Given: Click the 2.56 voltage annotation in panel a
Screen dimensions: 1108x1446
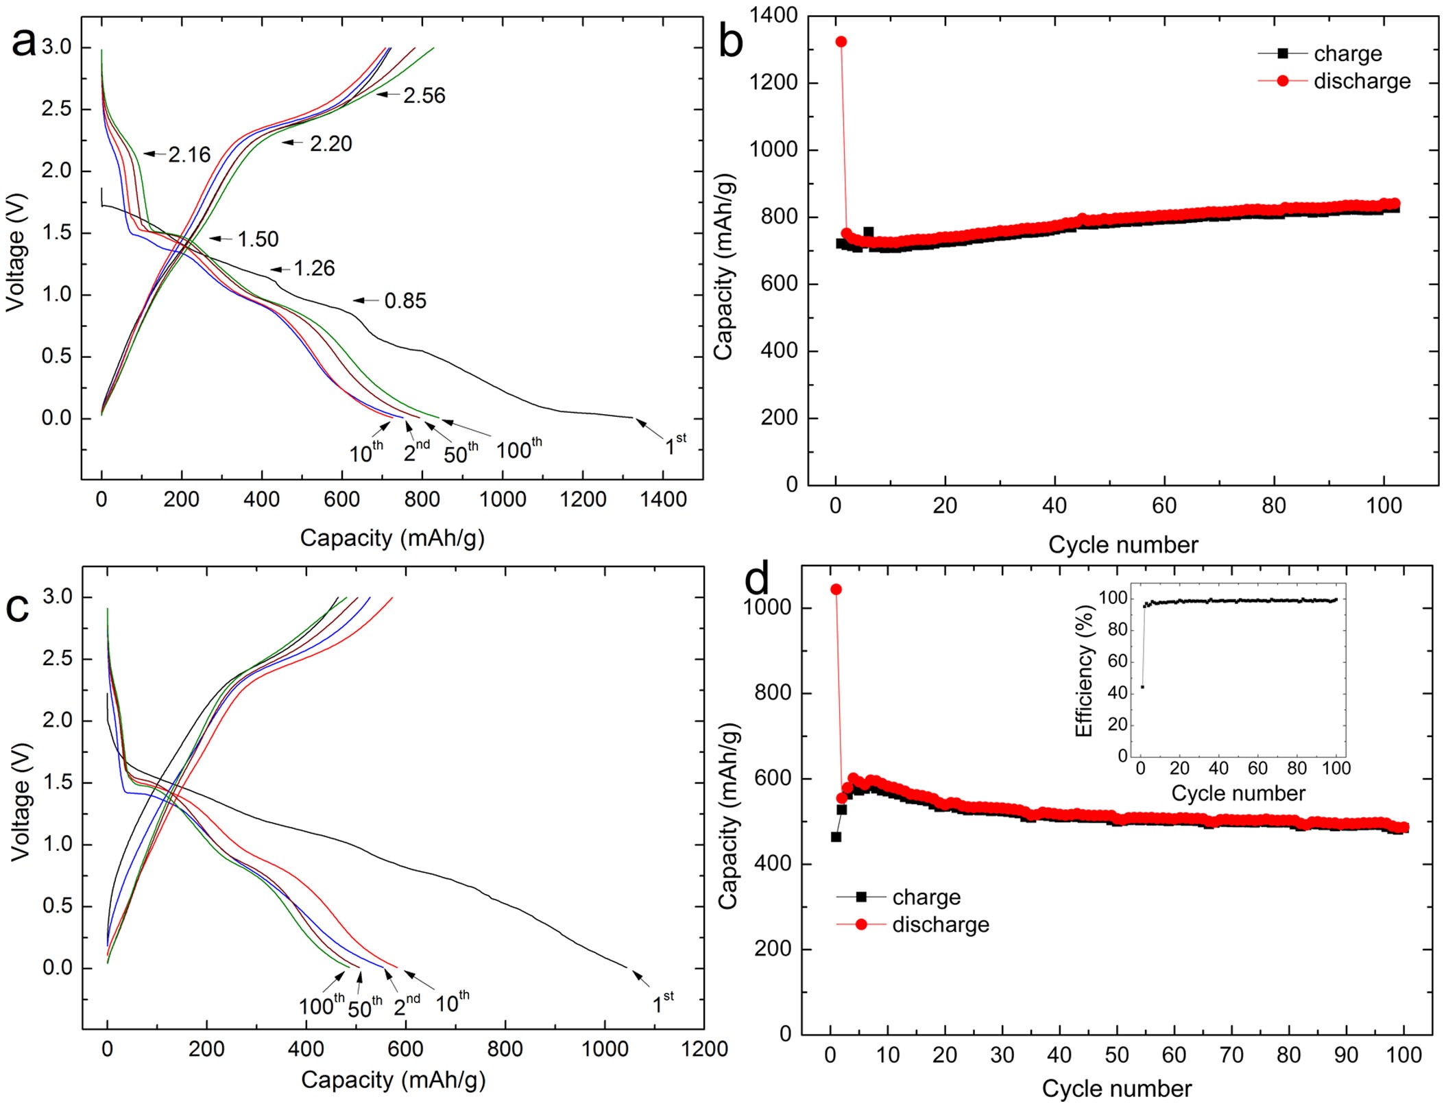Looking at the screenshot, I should point(424,95).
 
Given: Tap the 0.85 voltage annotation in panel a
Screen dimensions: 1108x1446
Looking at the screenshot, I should point(405,301).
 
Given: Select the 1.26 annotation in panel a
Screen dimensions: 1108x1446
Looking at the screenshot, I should point(314,268).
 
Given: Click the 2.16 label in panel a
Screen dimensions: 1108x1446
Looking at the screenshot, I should point(189,155).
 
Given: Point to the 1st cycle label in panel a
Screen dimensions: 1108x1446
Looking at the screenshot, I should point(675,445).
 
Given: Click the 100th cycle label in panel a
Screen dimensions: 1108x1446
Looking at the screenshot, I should point(518,449).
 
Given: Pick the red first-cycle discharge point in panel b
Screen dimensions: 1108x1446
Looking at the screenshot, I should point(841,42).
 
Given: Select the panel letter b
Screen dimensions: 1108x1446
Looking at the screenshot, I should point(731,43).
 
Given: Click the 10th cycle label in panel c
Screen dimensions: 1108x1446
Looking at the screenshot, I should point(453,1002).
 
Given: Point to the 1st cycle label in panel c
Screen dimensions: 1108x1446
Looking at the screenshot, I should point(662,1003).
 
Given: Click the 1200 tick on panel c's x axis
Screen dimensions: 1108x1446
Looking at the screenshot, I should point(704,1049).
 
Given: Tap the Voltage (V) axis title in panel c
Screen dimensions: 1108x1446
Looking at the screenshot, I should point(21,801).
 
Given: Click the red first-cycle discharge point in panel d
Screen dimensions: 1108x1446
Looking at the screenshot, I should point(836,590).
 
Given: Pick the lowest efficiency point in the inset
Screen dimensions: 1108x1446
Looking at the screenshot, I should point(1142,686).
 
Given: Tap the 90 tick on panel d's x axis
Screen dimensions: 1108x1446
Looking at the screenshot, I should point(1346,1055).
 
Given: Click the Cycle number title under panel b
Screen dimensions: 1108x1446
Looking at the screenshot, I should point(1123,544).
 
